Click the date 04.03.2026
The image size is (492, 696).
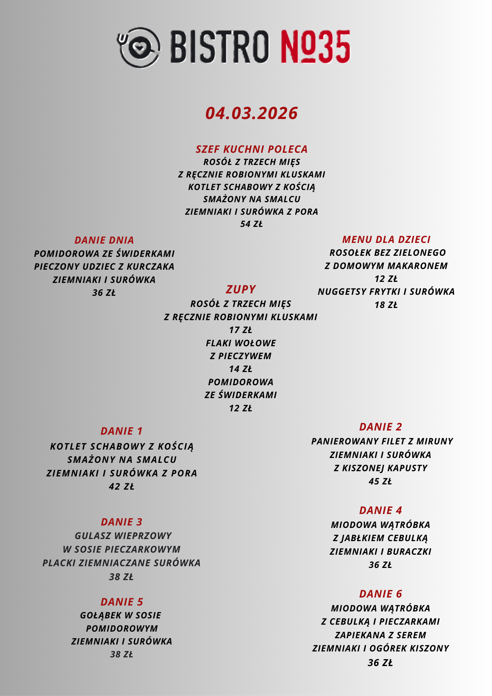(251, 113)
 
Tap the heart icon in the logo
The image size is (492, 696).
(139, 47)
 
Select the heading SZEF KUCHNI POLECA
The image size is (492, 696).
(252, 149)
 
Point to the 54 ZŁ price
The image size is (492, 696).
(251, 224)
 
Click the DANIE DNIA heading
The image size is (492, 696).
(104, 240)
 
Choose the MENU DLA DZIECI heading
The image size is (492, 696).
(386, 239)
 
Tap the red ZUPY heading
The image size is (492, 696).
(241, 289)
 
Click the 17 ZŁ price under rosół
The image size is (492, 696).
(240, 330)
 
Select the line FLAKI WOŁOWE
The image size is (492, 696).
(241, 343)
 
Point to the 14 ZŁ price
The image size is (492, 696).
(240, 369)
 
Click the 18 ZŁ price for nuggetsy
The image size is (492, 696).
(386, 305)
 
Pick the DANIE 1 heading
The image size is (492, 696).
(122, 431)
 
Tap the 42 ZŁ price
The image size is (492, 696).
(121, 487)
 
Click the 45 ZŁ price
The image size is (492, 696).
(380, 481)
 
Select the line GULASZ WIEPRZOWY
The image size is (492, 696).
(123, 536)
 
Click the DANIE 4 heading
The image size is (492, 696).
(380, 511)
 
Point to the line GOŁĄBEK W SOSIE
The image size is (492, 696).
(121, 615)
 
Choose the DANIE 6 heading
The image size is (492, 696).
(380, 594)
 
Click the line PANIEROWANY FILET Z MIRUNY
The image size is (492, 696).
(382, 441)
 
